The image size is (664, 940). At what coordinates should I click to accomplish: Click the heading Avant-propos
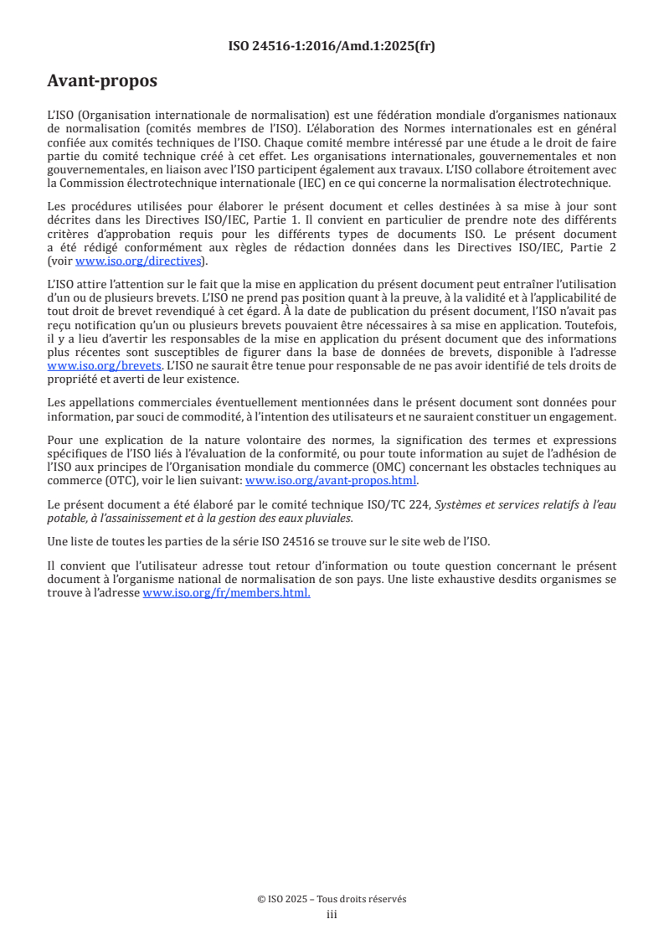[102, 82]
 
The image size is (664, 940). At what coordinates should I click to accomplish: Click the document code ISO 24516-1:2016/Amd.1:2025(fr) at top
[332, 46]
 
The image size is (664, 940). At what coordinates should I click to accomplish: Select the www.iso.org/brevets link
[105, 366]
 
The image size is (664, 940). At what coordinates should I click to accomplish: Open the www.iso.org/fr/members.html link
[227, 593]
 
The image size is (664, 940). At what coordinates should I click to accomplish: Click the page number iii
[332, 914]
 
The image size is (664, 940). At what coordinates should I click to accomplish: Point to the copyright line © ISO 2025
[332, 899]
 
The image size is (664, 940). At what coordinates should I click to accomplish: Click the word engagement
[581, 416]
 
